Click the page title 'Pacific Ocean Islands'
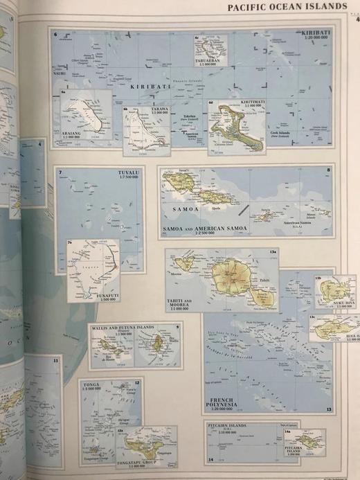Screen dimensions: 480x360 tap(287, 6)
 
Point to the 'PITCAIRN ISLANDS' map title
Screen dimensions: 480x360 tap(229, 425)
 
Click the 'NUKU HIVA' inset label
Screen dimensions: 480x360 tap(325, 302)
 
